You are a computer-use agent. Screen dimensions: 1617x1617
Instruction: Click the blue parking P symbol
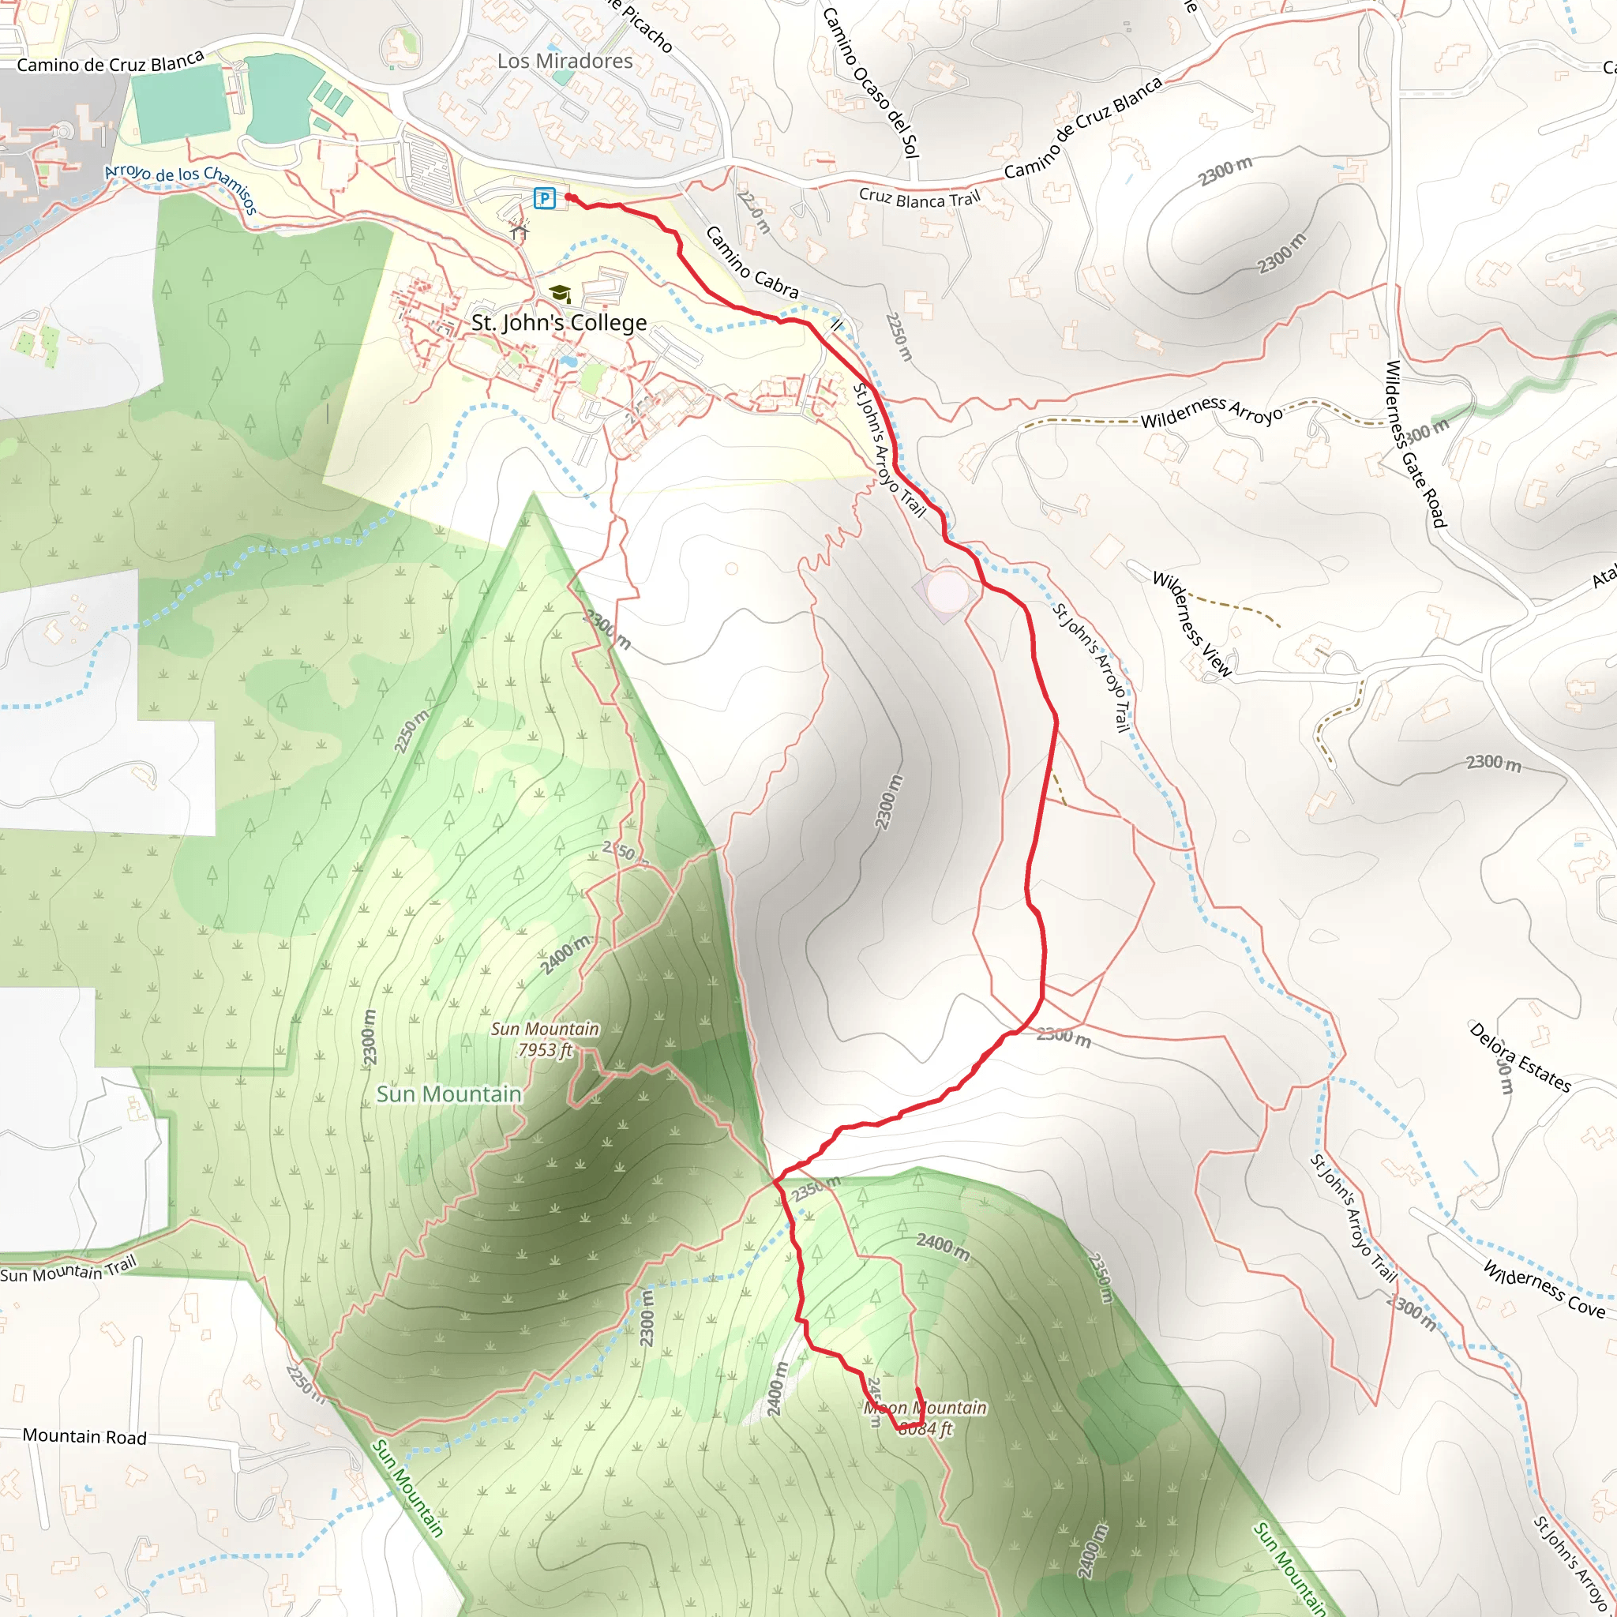point(545,198)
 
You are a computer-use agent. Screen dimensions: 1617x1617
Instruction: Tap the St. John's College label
point(559,323)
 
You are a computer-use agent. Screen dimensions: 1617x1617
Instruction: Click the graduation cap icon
point(560,293)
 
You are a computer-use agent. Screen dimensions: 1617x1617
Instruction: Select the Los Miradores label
point(565,61)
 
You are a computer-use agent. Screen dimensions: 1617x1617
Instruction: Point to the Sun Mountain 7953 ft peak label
point(545,1040)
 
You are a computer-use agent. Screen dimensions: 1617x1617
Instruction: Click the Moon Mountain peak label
point(925,1418)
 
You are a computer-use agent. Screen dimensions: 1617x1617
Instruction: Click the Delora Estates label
point(1520,1057)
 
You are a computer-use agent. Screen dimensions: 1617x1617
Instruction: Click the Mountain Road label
point(84,1436)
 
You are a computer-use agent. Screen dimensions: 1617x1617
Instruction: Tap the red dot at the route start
point(569,197)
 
